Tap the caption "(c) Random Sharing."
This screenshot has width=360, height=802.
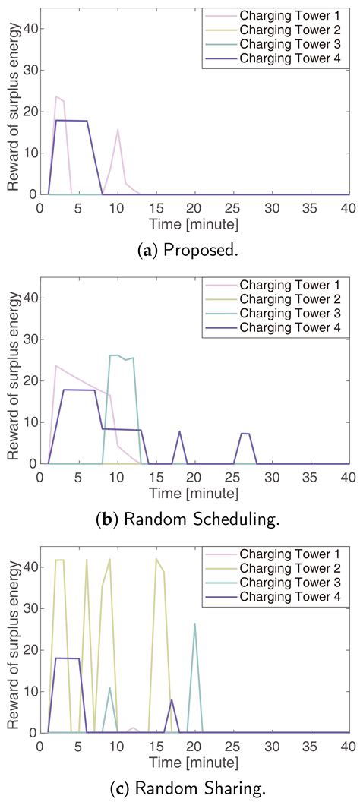[x=180, y=790]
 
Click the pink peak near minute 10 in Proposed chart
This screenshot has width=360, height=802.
[x=118, y=130]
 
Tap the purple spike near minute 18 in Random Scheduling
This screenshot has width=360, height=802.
[x=179, y=431]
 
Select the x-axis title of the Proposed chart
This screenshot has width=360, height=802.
[x=179, y=224]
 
